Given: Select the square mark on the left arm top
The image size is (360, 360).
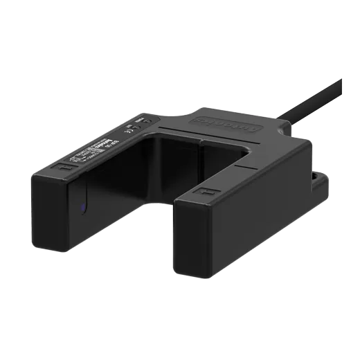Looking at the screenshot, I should pos(64,168).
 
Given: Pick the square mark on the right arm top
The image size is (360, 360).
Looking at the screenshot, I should pos(203,189).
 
